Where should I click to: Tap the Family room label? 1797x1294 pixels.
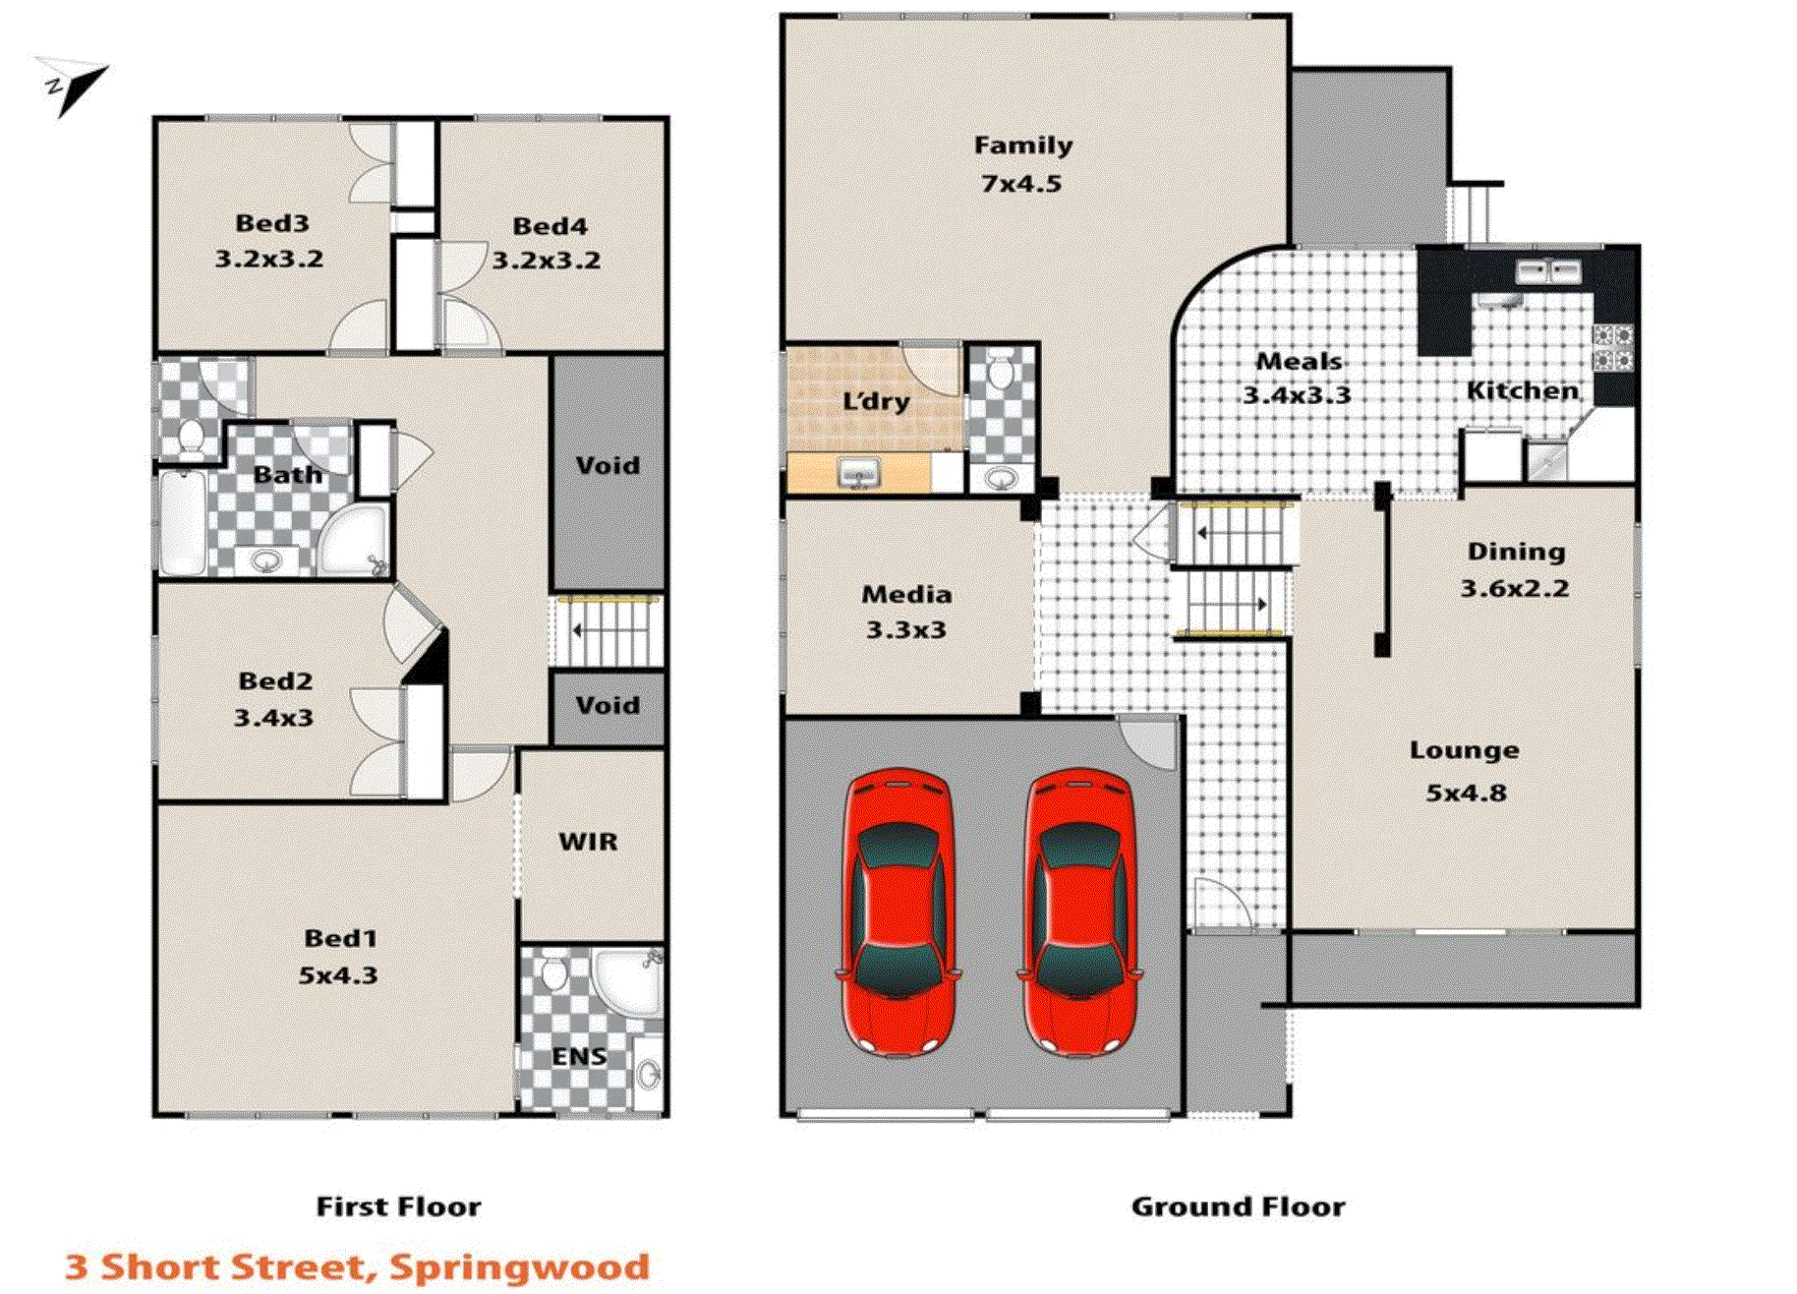coord(1022,146)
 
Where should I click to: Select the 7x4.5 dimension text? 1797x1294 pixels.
coord(1020,184)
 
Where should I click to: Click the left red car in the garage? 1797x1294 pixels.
coord(898,911)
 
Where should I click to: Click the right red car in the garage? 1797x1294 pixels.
coord(1079,911)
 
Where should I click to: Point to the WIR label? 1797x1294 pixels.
coord(588,842)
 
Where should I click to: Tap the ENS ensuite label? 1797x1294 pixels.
coord(578,1057)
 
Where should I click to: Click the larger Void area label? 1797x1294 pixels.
coord(608,465)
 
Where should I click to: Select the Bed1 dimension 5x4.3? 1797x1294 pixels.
coord(338,975)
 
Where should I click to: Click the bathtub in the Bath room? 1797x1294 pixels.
coord(184,523)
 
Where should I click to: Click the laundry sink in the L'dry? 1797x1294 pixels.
coord(859,473)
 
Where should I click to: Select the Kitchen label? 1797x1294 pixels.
coord(1523,391)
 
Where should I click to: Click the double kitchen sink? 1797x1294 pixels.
coord(1547,270)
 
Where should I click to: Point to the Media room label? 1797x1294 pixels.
coord(906,595)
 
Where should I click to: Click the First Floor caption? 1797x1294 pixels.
coord(398,1206)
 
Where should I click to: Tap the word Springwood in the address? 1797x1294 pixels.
coord(520,1266)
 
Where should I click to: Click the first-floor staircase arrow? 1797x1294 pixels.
coord(580,630)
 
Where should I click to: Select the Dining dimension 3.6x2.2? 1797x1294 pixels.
coord(1514,589)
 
